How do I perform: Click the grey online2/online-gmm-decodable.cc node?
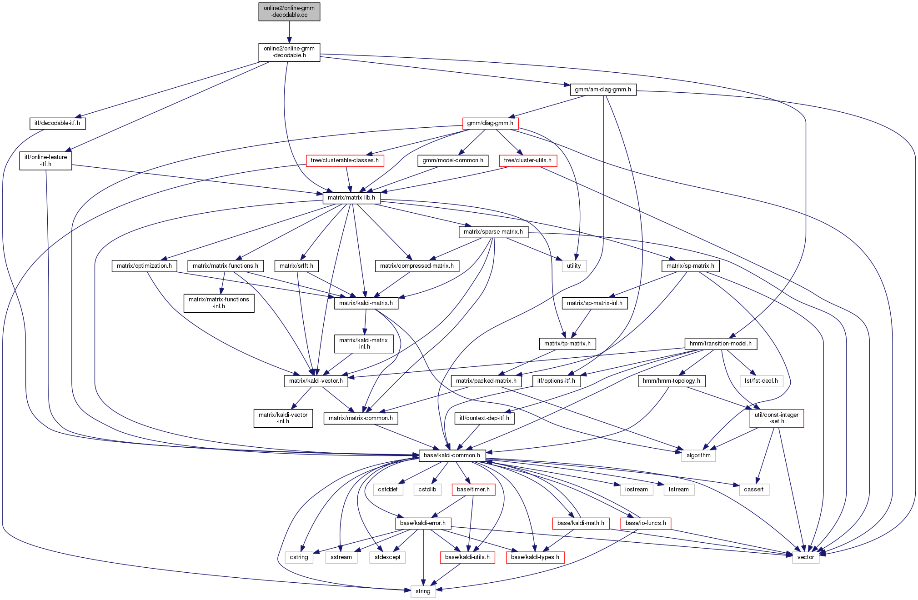click(x=289, y=12)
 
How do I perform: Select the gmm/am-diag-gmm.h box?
click(x=603, y=90)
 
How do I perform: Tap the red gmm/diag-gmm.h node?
click(x=490, y=123)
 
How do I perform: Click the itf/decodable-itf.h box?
click(x=57, y=123)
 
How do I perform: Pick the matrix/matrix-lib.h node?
click(x=351, y=198)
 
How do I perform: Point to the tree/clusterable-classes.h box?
click(x=345, y=160)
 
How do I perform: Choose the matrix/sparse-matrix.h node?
click(x=493, y=232)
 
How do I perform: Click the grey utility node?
click(x=574, y=266)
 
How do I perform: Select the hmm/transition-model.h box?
click(x=721, y=344)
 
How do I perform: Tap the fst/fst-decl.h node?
click(x=761, y=381)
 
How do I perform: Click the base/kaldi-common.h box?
click(x=452, y=455)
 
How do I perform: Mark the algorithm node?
click(x=698, y=455)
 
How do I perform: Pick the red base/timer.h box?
click(x=473, y=490)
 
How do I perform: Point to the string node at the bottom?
click(x=423, y=591)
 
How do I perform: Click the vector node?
click(x=806, y=557)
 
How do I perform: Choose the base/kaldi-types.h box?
click(x=535, y=557)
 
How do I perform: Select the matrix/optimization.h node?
click(x=144, y=266)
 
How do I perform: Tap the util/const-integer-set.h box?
click(x=777, y=418)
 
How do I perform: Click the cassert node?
click(x=754, y=490)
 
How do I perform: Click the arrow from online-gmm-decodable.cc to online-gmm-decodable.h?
click(x=289, y=32)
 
